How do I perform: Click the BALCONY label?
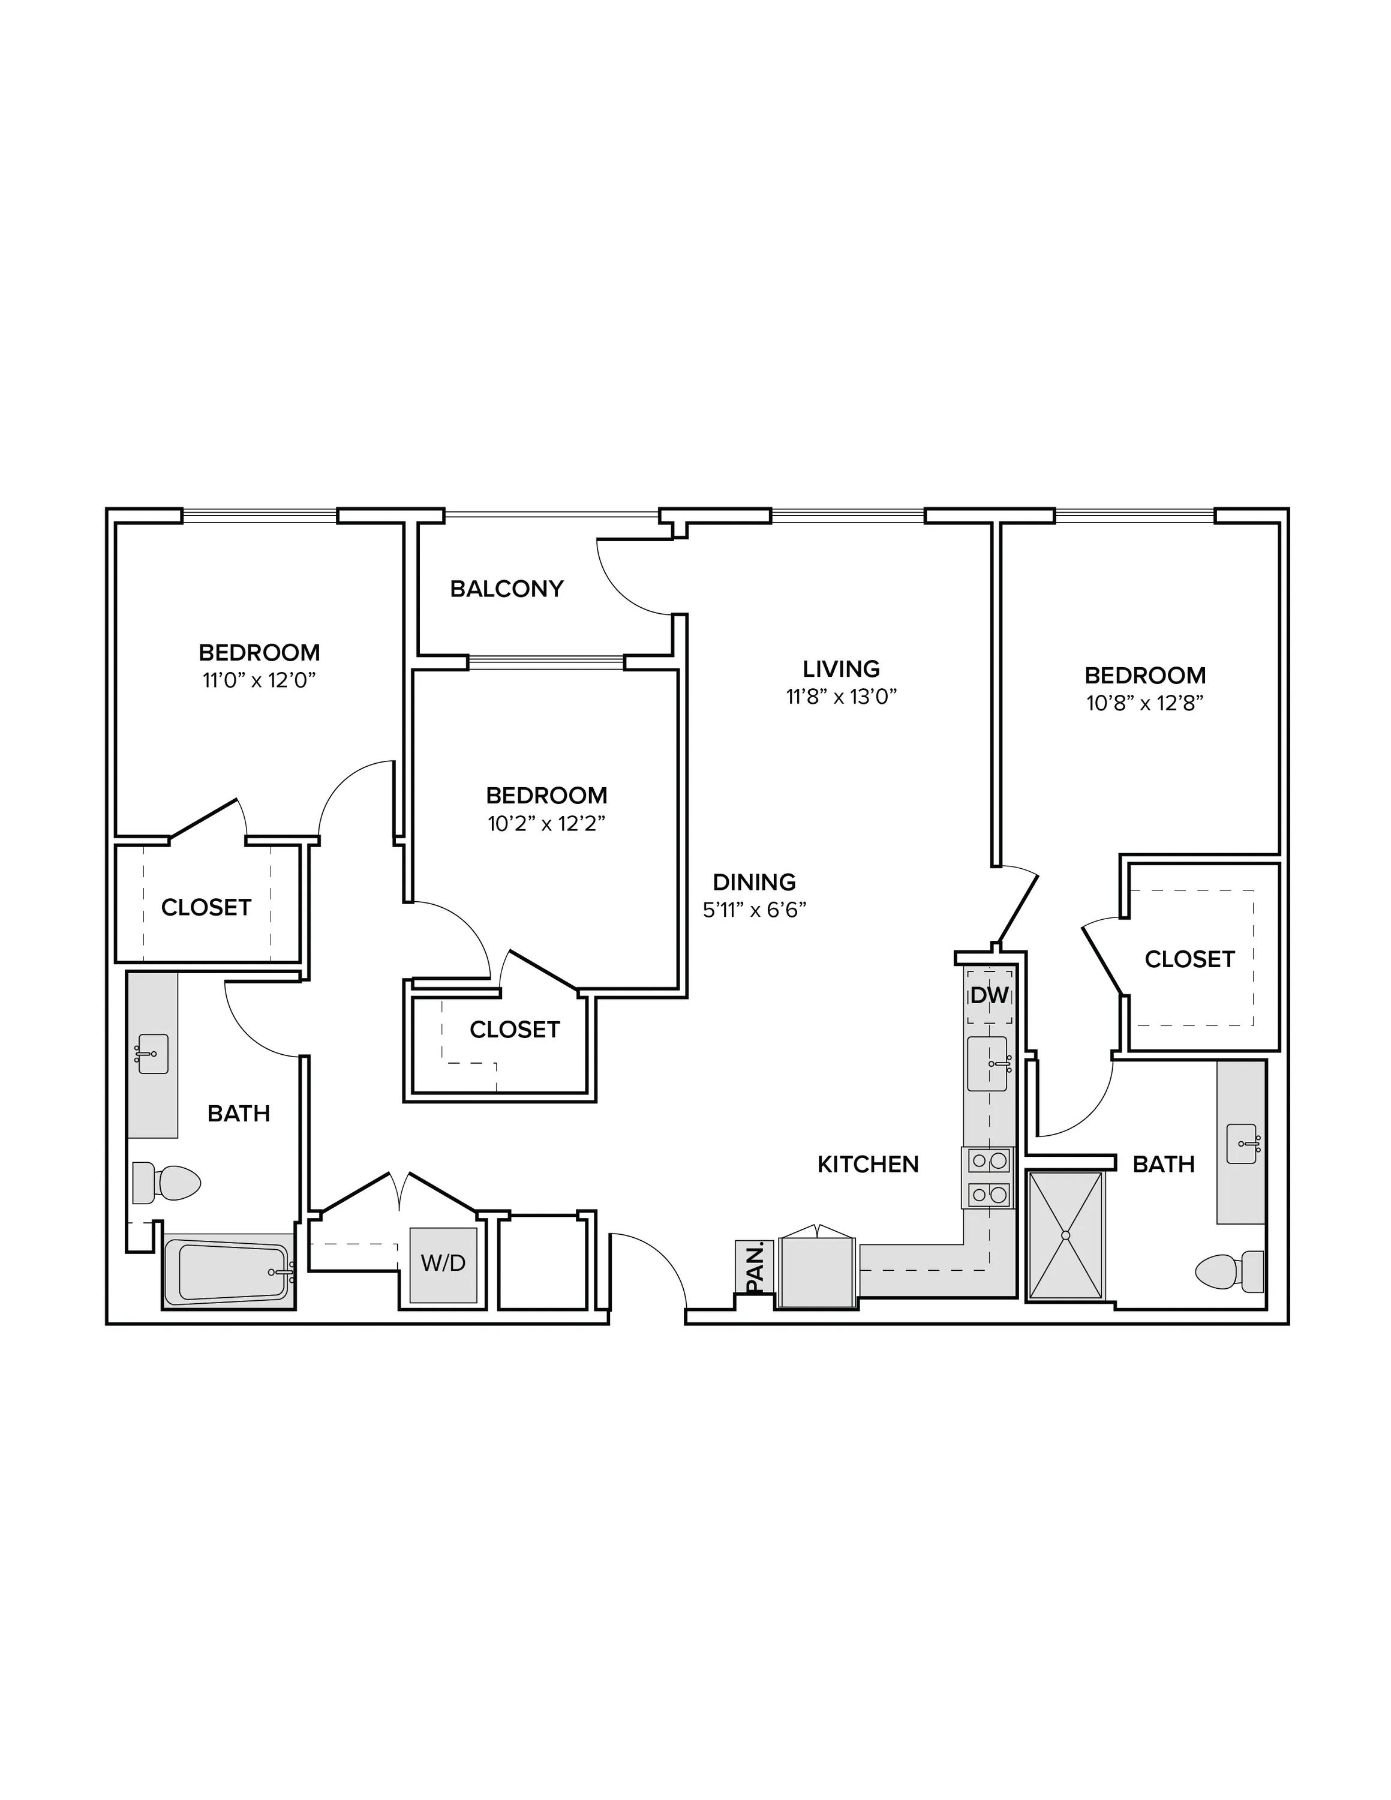click(507, 589)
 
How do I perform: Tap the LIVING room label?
click(842, 668)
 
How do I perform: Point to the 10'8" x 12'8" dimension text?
click(1146, 703)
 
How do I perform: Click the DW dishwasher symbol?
click(989, 995)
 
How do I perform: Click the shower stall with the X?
click(1065, 1236)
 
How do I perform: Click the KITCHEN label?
click(868, 1164)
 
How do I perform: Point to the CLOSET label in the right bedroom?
click(1189, 959)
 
